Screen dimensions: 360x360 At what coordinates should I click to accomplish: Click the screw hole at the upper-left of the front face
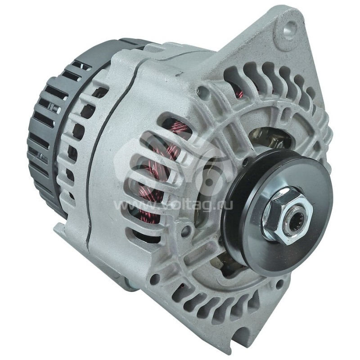pyautogui.click(x=203, y=92)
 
